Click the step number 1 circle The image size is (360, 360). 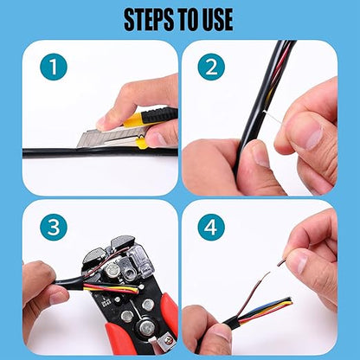click(54, 67)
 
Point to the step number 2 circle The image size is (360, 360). click(211, 67)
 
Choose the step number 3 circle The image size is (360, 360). click(54, 227)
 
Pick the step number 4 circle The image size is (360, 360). click(211, 227)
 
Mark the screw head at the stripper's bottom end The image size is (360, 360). click(167, 341)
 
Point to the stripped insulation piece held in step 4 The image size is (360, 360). click(282, 262)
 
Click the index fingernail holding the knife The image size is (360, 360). click(101, 122)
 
